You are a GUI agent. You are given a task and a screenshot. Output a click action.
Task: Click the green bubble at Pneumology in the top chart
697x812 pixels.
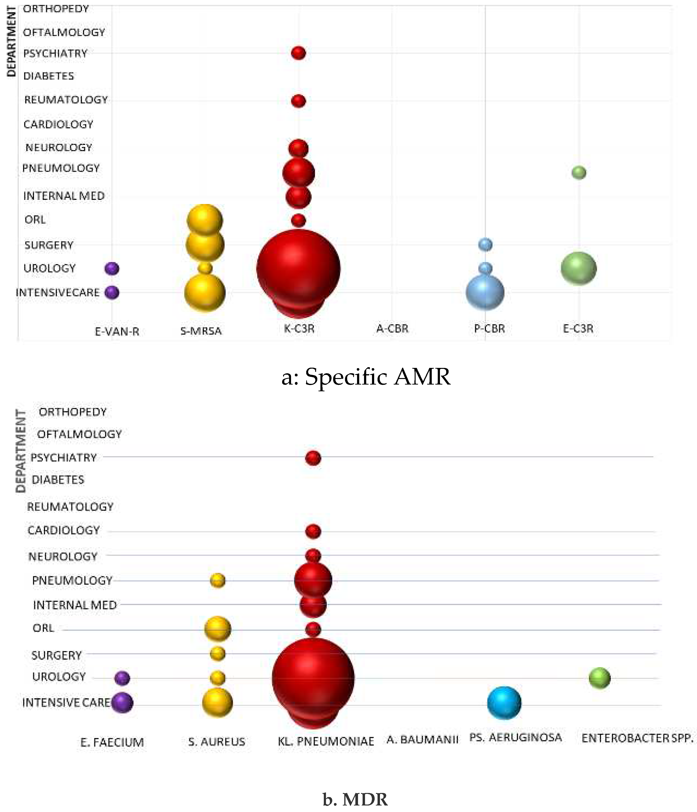coord(579,172)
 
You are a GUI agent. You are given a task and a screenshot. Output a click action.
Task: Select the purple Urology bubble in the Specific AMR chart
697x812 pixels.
coord(112,268)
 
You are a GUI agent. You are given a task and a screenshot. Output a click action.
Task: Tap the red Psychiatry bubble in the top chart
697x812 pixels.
coord(298,53)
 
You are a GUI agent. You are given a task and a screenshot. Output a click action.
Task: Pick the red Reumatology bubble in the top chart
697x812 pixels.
coord(298,101)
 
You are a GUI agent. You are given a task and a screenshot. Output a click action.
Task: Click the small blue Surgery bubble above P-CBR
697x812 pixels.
coord(485,244)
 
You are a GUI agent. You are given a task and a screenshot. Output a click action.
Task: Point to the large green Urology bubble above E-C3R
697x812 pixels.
coord(579,268)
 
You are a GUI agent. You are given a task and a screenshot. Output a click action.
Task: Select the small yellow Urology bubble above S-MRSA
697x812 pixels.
coord(205,268)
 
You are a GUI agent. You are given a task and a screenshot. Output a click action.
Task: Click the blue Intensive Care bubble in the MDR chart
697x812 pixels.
coord(504,703)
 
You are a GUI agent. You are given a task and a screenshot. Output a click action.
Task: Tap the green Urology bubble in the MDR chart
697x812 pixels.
coord(599,678)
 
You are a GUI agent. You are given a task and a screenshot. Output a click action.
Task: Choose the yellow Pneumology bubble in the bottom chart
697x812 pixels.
coord(218,580)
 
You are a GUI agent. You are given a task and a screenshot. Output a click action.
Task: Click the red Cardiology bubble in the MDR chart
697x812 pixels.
coord(313,531)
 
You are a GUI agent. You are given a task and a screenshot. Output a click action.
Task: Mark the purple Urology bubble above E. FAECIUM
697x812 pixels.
coord(122,678)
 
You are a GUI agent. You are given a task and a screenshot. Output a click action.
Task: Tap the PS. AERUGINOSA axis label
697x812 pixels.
coord(515,738)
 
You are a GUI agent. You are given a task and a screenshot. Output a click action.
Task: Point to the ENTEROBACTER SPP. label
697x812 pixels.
coord(637,738)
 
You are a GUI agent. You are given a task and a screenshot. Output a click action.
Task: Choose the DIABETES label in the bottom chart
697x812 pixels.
coord(58,480)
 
